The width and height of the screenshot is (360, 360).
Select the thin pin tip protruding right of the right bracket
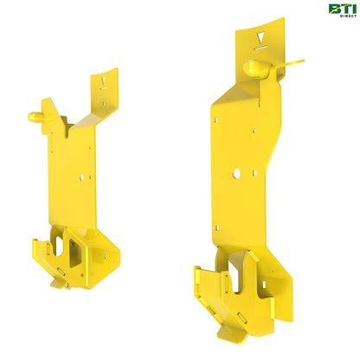[296, 62]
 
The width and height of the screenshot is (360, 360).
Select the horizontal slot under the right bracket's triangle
[259, 49]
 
